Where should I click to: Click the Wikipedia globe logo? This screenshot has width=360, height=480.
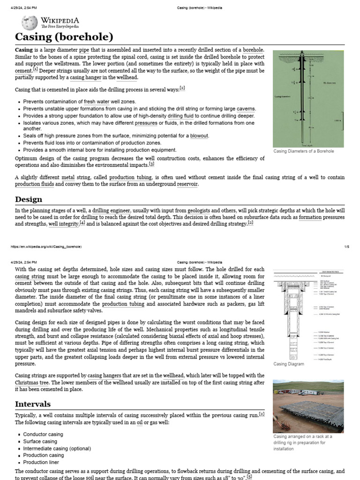pos(29,22)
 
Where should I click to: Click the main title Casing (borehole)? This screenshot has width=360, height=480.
pos(64,37)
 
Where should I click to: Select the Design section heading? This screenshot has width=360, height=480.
pos(29,199)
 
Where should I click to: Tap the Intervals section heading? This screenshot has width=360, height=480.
pos(33,404)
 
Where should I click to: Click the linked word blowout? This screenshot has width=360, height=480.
pos(199,136)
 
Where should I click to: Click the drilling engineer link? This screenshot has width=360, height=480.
pos(111,211)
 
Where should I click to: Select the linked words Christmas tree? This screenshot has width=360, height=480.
pos(31,382)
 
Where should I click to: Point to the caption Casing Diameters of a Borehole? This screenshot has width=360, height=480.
pos(304,151)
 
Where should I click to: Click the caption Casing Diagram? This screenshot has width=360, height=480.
pos(288,364)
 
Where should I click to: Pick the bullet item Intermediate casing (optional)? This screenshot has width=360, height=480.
pos(57,448)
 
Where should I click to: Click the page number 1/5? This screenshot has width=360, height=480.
pos(347,247)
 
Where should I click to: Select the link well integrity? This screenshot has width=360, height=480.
pos(63,224)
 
